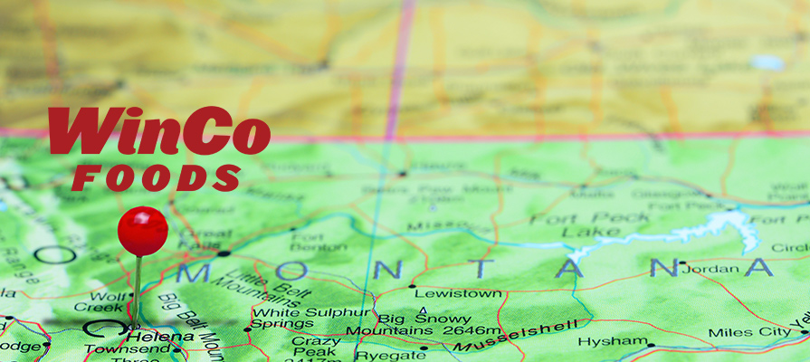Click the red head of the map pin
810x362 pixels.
pyautogui.click(x=143, y=230)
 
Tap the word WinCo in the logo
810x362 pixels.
pyautogui.click(x=159, y=132)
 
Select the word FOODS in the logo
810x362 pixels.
pyautogui.click(x=158, y=177)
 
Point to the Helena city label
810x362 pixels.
pyautogui.click(x=163, y=337)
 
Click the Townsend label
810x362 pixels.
pyautogui.click(x=114, y=349)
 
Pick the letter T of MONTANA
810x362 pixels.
pyautogui.click(x=481, y=268)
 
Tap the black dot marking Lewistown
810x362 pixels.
pyautogui.click(x=413, y=287)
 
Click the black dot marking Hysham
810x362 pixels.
pyautogui.click(x=651, y=345)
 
